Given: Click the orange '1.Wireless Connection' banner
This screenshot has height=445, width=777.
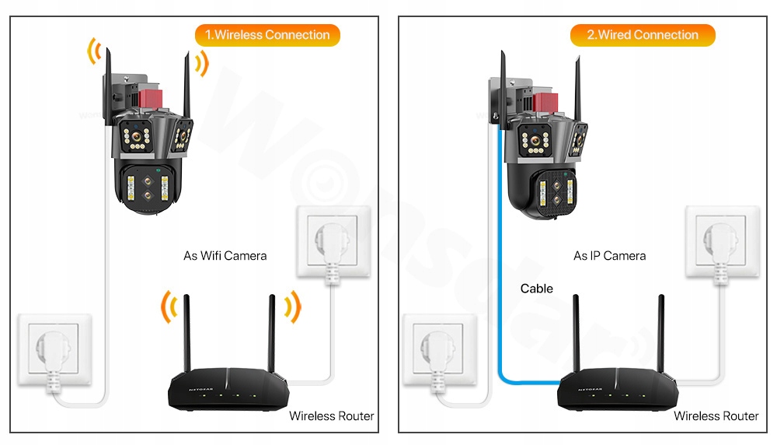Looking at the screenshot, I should tap(267, 35).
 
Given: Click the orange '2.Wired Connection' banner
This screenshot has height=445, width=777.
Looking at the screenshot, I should tap(643, 35).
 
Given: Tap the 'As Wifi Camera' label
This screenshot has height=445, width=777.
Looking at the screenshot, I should tap(225, 255).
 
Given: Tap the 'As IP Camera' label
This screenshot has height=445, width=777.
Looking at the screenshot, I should tap(609, 255).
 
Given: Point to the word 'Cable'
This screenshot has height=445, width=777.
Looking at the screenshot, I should tap(536, 289).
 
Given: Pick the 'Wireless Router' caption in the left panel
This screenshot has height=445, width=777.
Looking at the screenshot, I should tap(331, 416).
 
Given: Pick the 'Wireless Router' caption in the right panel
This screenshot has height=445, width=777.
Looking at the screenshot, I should tap(716, 416).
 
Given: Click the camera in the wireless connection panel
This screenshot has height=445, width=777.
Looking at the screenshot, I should tap(151, 156).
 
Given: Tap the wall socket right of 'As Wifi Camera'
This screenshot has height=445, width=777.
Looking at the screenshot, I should tap(333, 241).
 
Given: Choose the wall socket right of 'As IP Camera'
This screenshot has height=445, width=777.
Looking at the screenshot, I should tap(722, 241).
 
